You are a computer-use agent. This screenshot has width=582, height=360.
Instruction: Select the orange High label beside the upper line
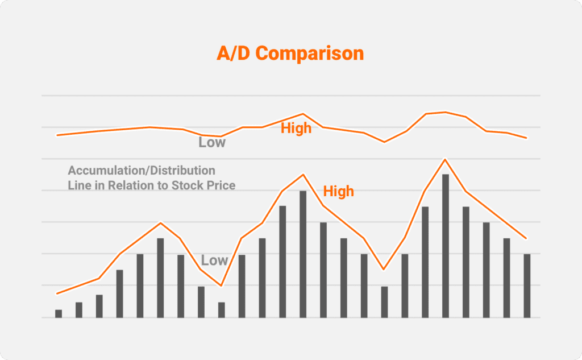[296, 129]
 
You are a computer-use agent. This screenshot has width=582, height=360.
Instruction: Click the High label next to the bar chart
[338, 192]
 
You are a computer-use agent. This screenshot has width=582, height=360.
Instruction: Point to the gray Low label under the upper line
[212, 142]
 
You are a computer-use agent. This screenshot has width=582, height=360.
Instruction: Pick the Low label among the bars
[214, 260]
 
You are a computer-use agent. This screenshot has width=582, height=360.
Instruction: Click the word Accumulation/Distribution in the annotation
[142, 171]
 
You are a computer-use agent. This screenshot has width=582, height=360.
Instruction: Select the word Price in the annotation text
[221, 185]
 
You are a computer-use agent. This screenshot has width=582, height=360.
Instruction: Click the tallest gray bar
[446, 246]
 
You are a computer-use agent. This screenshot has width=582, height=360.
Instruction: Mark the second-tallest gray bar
[303, 254]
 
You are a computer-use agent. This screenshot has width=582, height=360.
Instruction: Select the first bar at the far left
[59, 313]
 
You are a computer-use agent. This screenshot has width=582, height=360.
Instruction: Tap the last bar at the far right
[527, 285]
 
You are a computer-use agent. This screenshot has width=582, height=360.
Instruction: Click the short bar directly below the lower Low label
[222, 309]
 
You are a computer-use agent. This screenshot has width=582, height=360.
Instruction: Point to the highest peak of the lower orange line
[446, 159]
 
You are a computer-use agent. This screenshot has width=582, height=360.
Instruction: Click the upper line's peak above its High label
[303, 114]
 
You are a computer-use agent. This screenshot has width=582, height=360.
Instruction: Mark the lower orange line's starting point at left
[57, 293]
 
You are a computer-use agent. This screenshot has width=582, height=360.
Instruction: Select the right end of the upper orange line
[527, 138]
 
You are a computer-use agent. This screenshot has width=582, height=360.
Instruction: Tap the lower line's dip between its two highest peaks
[384, 269]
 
